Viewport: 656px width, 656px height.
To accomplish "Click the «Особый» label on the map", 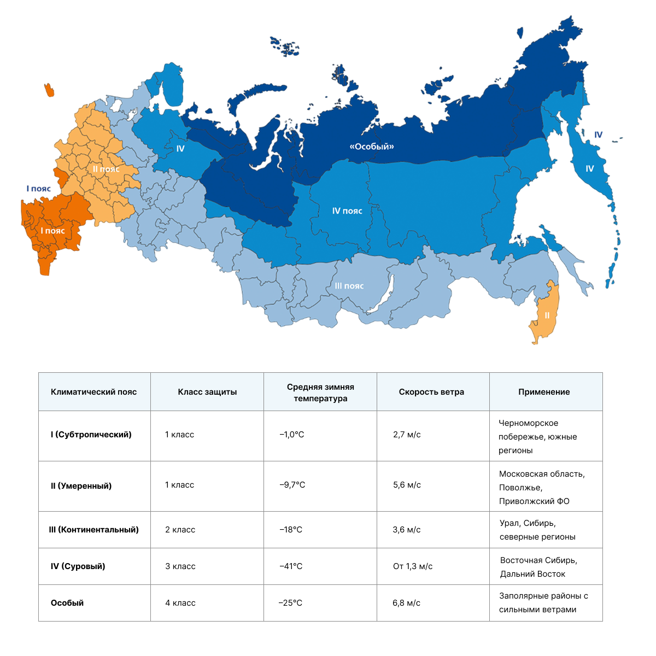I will pos(372,147).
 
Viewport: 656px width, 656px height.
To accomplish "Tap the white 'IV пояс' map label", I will pos(347,211).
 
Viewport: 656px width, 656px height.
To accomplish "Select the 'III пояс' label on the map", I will pos(349,286).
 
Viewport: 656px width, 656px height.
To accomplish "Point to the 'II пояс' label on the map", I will pos(106,169).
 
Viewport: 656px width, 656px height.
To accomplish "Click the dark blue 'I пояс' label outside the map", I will pos(39,189).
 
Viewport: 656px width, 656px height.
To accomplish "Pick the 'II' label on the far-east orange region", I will pos(547,315).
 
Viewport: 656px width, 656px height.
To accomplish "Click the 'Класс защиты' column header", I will pos(207,392).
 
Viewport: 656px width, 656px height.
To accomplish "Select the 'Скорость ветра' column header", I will pos(431,392).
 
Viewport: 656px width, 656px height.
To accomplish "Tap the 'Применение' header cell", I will pos(544,392).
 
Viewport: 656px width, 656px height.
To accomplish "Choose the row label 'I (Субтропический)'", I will pos(91,435).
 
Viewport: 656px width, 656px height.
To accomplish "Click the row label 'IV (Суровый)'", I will pos(78,566).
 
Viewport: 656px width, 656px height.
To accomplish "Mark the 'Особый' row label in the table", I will pos(67,603).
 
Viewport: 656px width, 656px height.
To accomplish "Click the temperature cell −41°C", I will pos(291,566).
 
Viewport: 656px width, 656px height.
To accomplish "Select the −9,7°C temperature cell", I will pos(292,485).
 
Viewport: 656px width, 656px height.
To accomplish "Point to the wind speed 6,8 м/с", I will pos(406,603).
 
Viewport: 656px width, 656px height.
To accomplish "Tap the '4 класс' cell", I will pos(180,603).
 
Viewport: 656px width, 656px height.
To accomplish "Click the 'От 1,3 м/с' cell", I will pos(413,566).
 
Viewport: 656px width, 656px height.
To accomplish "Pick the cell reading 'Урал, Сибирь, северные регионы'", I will pos(537,530).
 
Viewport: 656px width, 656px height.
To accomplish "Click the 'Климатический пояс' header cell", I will pos(94,392).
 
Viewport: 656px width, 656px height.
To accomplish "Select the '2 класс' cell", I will pos(180,530).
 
